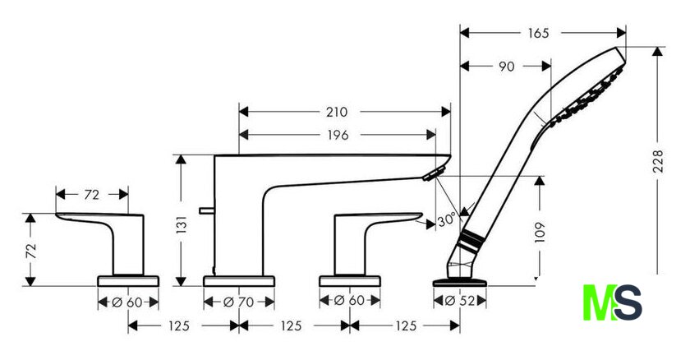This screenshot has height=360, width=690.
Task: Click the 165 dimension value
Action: click(x=539, y=33)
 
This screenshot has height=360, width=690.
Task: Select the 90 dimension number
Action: click(x=507, y=67)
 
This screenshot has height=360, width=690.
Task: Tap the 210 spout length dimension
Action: click(x=337, y=113)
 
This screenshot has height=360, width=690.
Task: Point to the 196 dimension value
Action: click(x=338, y=135)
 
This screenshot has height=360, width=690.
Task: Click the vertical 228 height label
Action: click(x=657, y=161)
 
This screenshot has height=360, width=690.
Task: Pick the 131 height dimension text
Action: click(x=182, y=224)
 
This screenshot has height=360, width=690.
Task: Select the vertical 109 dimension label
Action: click(x=540, y=232)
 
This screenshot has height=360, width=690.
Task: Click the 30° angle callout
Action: click(x=446, y=220)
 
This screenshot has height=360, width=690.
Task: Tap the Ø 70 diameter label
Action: click(x=238, y=302)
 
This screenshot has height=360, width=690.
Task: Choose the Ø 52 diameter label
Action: click(x=460, y=301)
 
